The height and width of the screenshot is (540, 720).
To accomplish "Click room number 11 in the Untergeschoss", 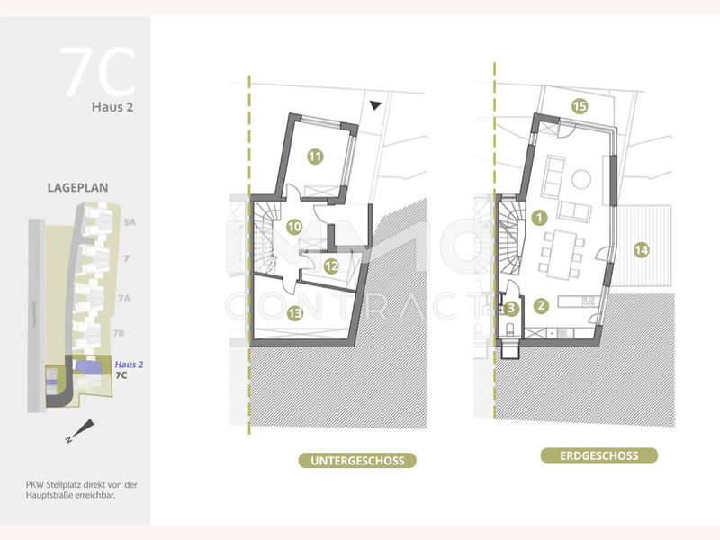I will pyautogui.click(x=315, y=156).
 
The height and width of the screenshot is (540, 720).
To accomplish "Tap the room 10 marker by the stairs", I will pyautogui.click(x=293, y=227).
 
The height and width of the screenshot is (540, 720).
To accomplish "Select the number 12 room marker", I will pyautogui.click(x=331, y=265).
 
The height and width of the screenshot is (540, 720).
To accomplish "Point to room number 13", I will pyautogui.click(x=294, y=312).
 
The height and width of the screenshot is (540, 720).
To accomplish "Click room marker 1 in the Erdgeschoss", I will pyautogui.click(x=539, y=217).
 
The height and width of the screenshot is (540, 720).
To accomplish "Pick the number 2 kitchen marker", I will pyautogui.click(x=541, y=304).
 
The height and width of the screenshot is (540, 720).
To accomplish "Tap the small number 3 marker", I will pyautogui.click(x=511, y=308).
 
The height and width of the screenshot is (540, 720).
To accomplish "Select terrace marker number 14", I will pyautogui.click(x=640, y=249).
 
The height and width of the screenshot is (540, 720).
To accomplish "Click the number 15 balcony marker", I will pyautogui.click(x=580, y=106).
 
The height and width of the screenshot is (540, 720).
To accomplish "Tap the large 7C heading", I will pyautogui.click(x=97, y=73).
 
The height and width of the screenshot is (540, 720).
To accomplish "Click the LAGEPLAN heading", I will pyautogui.click(x=78, y=190).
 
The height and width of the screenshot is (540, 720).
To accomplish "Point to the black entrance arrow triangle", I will pyautogui.click(x=375, y=105).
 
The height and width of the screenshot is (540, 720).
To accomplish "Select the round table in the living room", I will pyautogui.click(x=581, y=179).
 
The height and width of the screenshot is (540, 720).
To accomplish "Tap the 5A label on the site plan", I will pyautogui.click(x=130, y=220).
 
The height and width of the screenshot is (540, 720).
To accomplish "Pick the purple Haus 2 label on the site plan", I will pyautogui.click(x=129, y=364).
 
